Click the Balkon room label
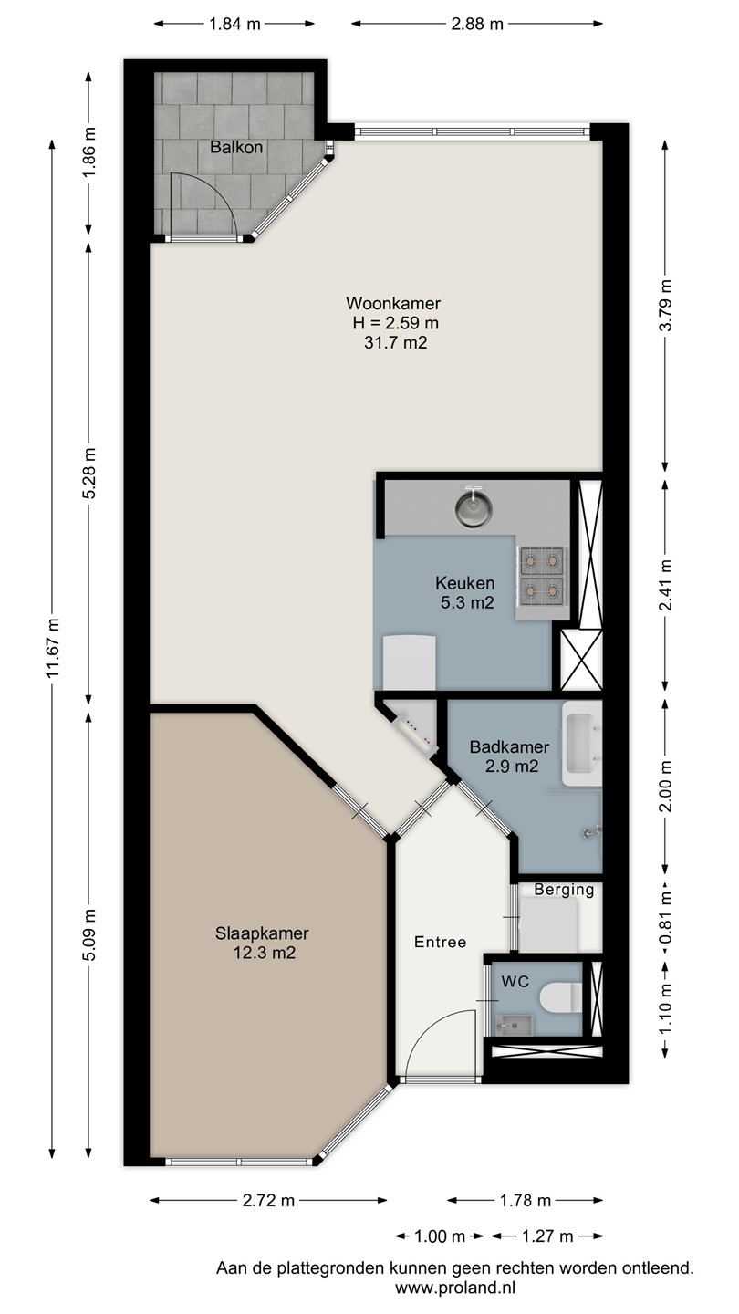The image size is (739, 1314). (236, 147)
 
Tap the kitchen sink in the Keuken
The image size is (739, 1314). (473, 507)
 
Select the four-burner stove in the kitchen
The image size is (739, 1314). (542, 576)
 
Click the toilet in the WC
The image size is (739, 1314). (560, 997)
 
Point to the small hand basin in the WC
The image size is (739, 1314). (515, 1025)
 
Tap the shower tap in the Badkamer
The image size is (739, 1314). (592, 830)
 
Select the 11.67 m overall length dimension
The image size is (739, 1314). (54, 647)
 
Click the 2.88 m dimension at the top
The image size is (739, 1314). (477, 24)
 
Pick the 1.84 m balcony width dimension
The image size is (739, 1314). (234, 24)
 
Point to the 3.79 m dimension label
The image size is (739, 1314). (666, 305)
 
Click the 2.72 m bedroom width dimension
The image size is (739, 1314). (268, 1200)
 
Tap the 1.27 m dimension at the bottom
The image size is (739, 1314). (547, 1236)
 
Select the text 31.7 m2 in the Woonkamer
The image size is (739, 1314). (395, 342)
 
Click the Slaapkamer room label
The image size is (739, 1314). (262, 933)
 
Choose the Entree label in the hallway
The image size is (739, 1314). (441, 942)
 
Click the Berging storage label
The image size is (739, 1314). (564, 890)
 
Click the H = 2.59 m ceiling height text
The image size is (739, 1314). (395, 323)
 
